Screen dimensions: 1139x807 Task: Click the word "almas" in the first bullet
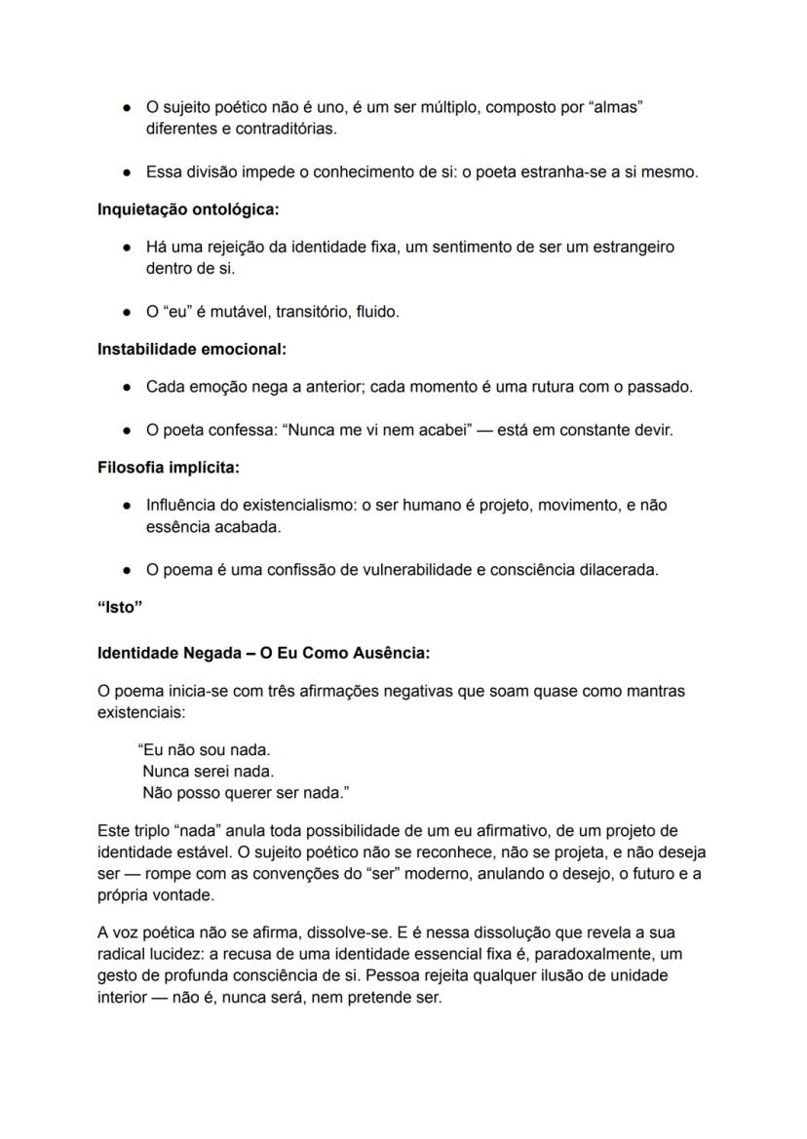[x=616, y=107]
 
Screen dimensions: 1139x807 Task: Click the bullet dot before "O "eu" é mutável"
[x=127, y=313]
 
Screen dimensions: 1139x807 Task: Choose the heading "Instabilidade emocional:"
[x=192, y=348]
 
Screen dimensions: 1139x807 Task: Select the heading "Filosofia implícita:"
[x=168, y=467]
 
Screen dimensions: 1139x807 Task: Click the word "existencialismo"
[x=298, y=506]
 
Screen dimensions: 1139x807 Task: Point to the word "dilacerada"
[x=618, y=571]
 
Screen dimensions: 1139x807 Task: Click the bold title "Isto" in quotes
[x=120, y=609]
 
